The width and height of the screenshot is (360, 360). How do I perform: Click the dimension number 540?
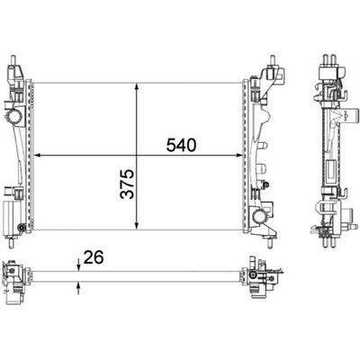tap(181, 145)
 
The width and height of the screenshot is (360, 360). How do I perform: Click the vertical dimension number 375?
tap(127, 184)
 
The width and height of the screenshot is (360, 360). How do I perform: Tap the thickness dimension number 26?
tap(94, 257)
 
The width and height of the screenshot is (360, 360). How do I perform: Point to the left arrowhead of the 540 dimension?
tap(37, 155)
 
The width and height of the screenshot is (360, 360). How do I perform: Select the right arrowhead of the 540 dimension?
tap(238, 155)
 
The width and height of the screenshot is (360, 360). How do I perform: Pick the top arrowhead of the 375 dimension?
tap(137, 86)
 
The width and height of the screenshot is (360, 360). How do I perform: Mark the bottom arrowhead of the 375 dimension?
tap(137, 226)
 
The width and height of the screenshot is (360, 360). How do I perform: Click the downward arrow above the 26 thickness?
tap(78, 265)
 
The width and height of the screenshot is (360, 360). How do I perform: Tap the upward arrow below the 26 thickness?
tap(78, 288)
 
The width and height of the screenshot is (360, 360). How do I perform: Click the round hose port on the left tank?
tap(13, 116)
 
